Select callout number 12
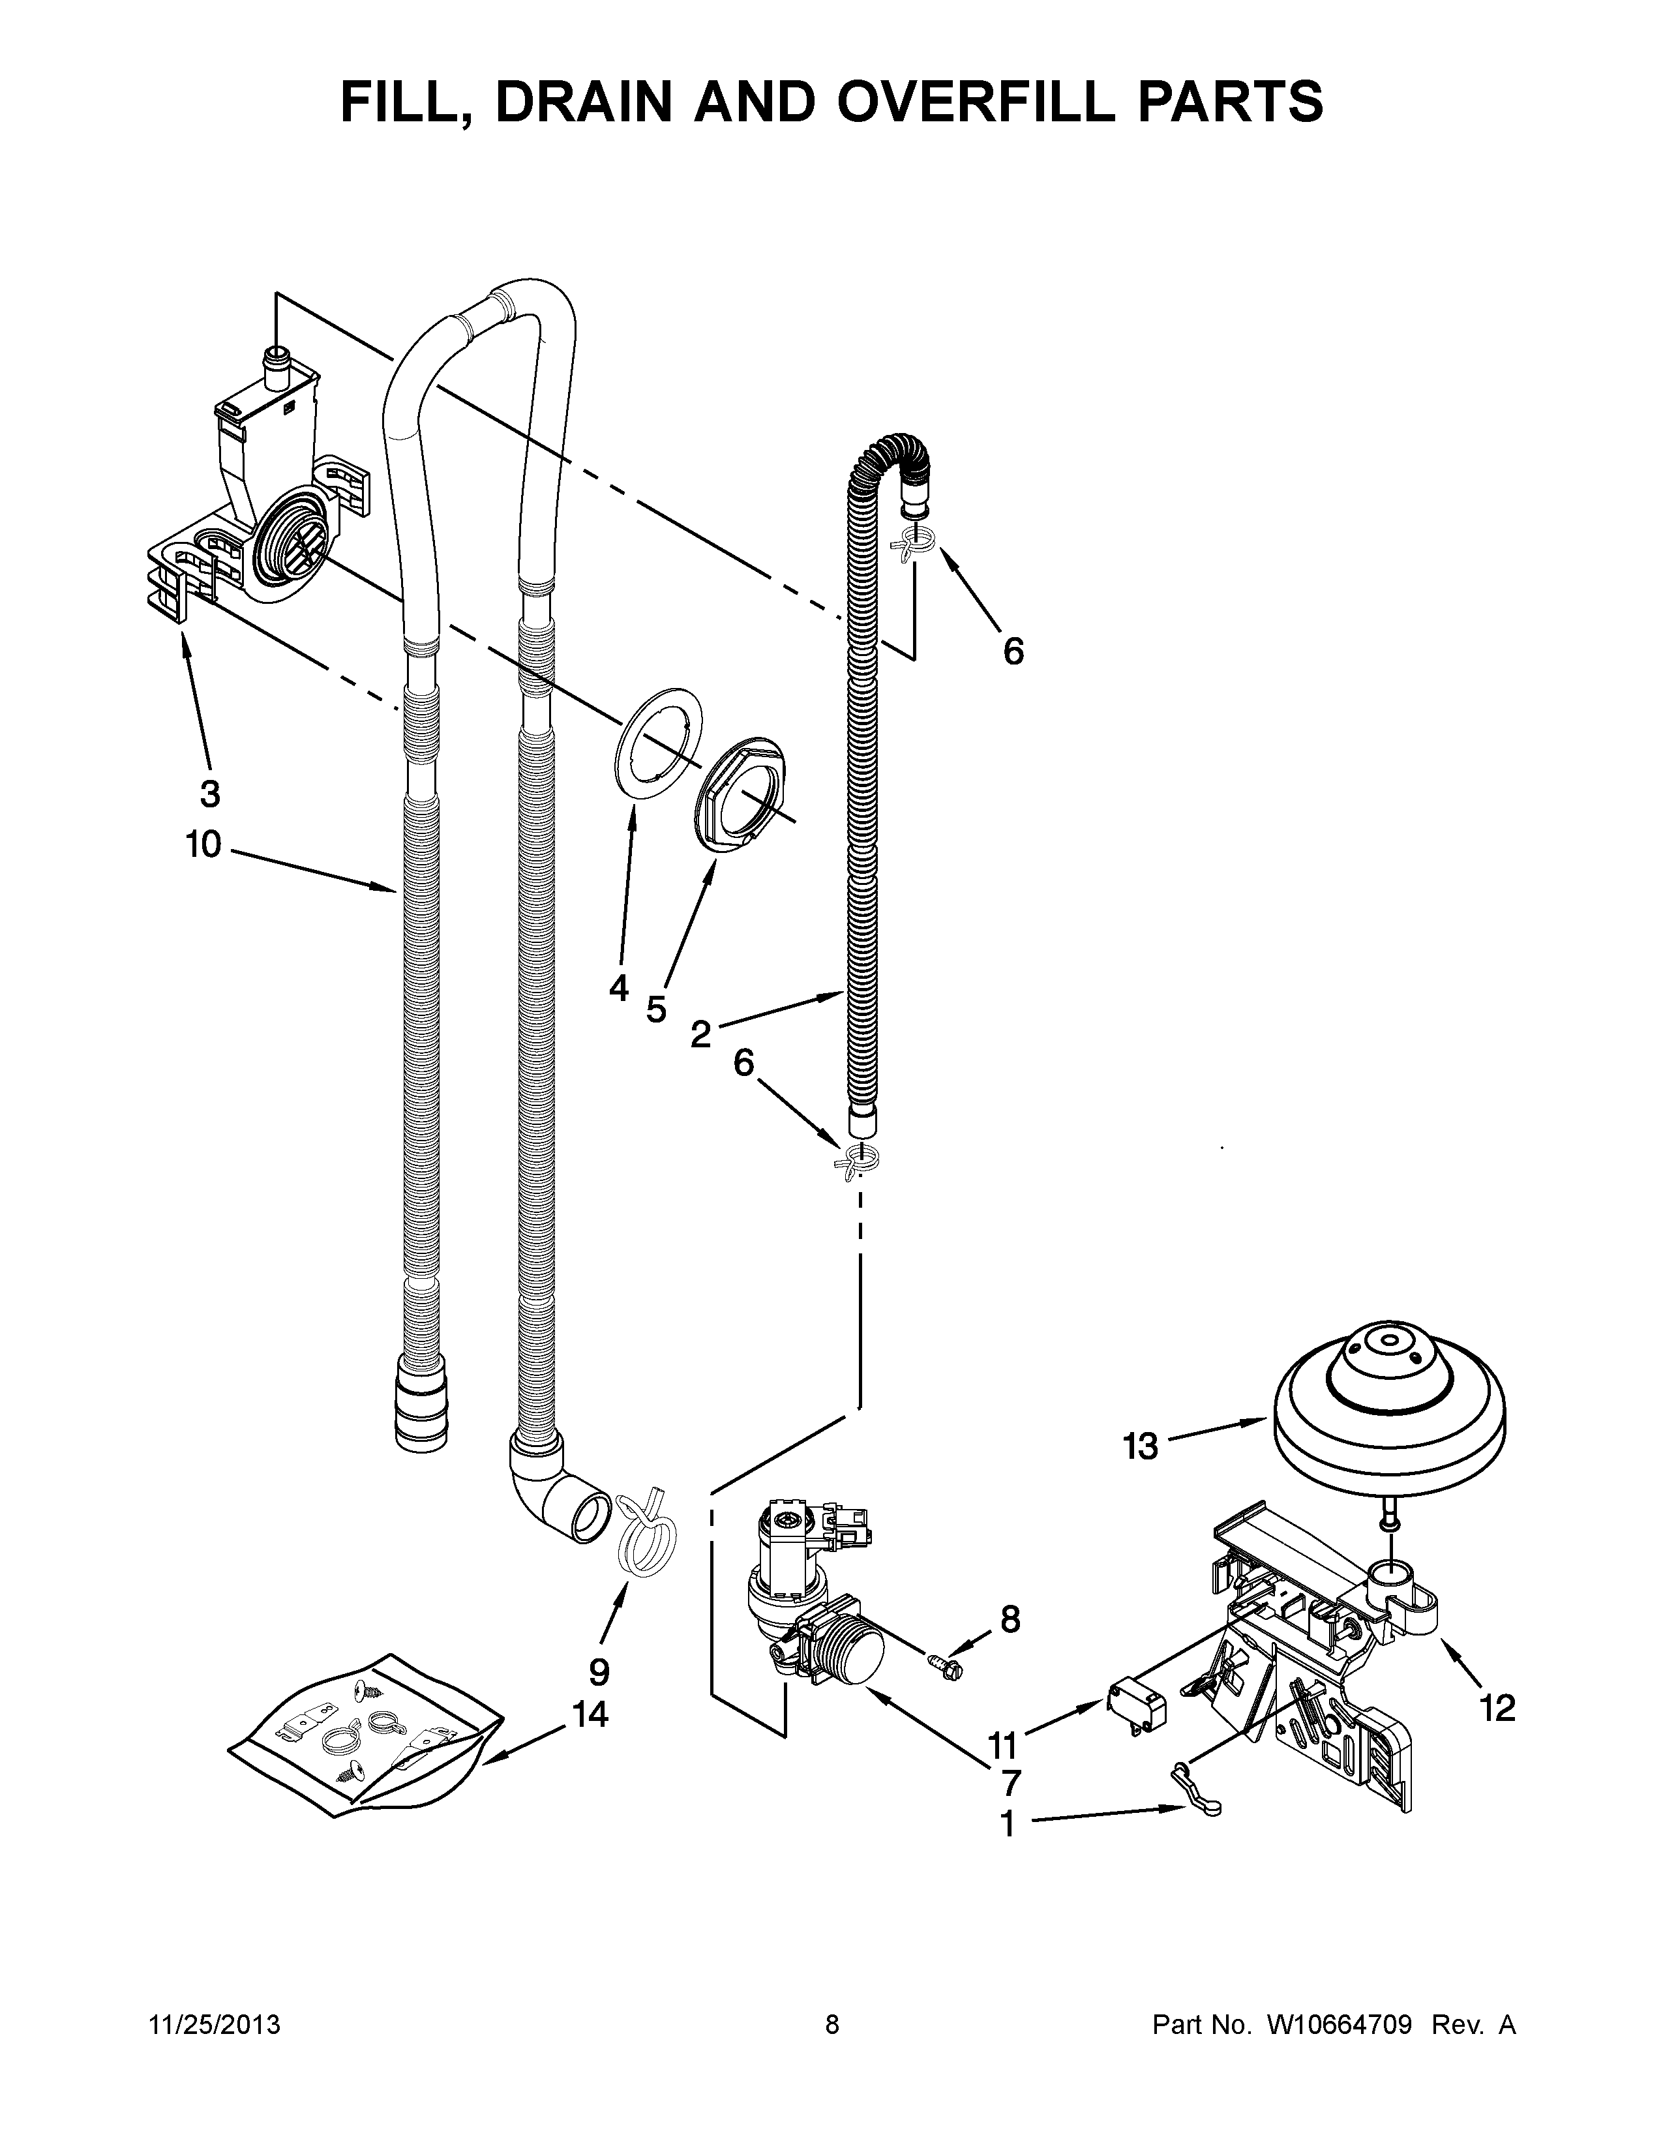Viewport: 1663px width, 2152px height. (1497, 1709)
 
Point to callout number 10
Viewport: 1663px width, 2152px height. (204, 844)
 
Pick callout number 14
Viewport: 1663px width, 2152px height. (590, 1716)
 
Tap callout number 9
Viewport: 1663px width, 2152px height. (599, 1671)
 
